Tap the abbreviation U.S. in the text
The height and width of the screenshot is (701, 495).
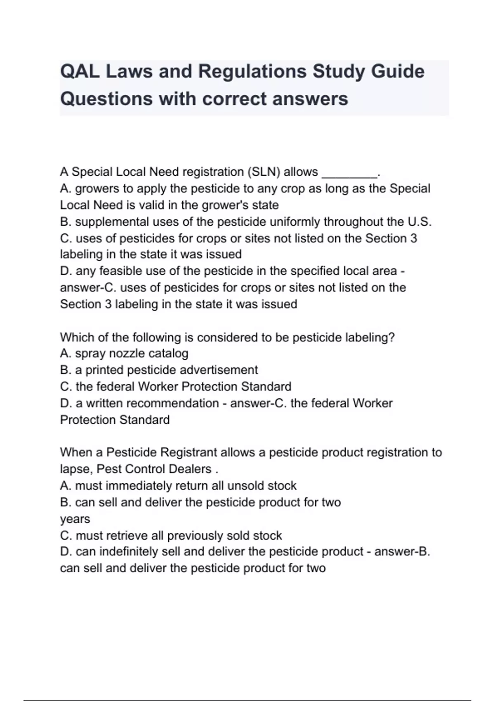[420, 222]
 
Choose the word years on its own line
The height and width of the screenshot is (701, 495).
[75, 519]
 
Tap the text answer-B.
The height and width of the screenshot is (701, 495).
[402, 552]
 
